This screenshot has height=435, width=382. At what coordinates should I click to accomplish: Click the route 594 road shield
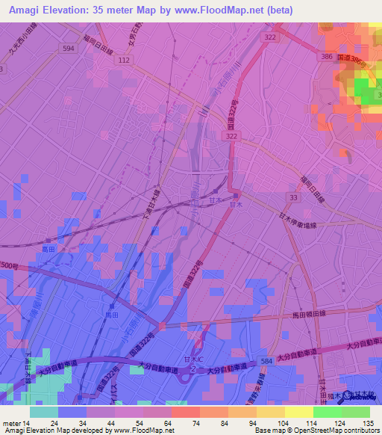pos(69,48)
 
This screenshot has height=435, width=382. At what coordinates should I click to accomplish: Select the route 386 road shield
pos(325,56)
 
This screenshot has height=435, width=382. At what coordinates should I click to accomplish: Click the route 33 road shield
pos(292,196)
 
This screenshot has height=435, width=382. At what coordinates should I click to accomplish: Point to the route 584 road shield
pos(266,362)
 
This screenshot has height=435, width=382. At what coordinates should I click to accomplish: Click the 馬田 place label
pos(110,317)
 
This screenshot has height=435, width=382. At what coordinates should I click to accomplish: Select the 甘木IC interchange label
pos(193,360)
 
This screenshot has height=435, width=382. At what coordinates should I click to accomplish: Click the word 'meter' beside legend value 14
pos(11,423)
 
